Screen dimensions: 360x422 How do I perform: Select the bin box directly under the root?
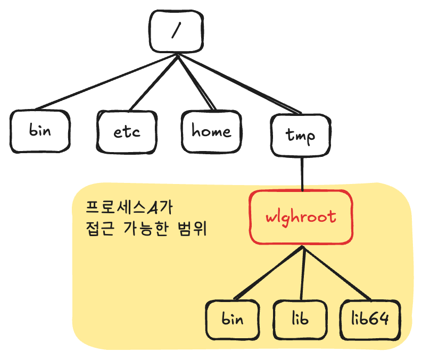click(40, 130)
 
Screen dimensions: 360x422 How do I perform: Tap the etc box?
click(128, 131)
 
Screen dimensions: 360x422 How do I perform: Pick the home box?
click(211, 131)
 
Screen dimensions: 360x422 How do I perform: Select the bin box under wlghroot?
click(233, 320)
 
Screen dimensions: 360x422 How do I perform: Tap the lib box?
click(301, 320)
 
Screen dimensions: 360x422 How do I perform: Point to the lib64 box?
click(370, 320)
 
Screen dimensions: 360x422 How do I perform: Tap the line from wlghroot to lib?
click(303, 274)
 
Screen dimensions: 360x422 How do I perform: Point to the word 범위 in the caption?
click(193, 230)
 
